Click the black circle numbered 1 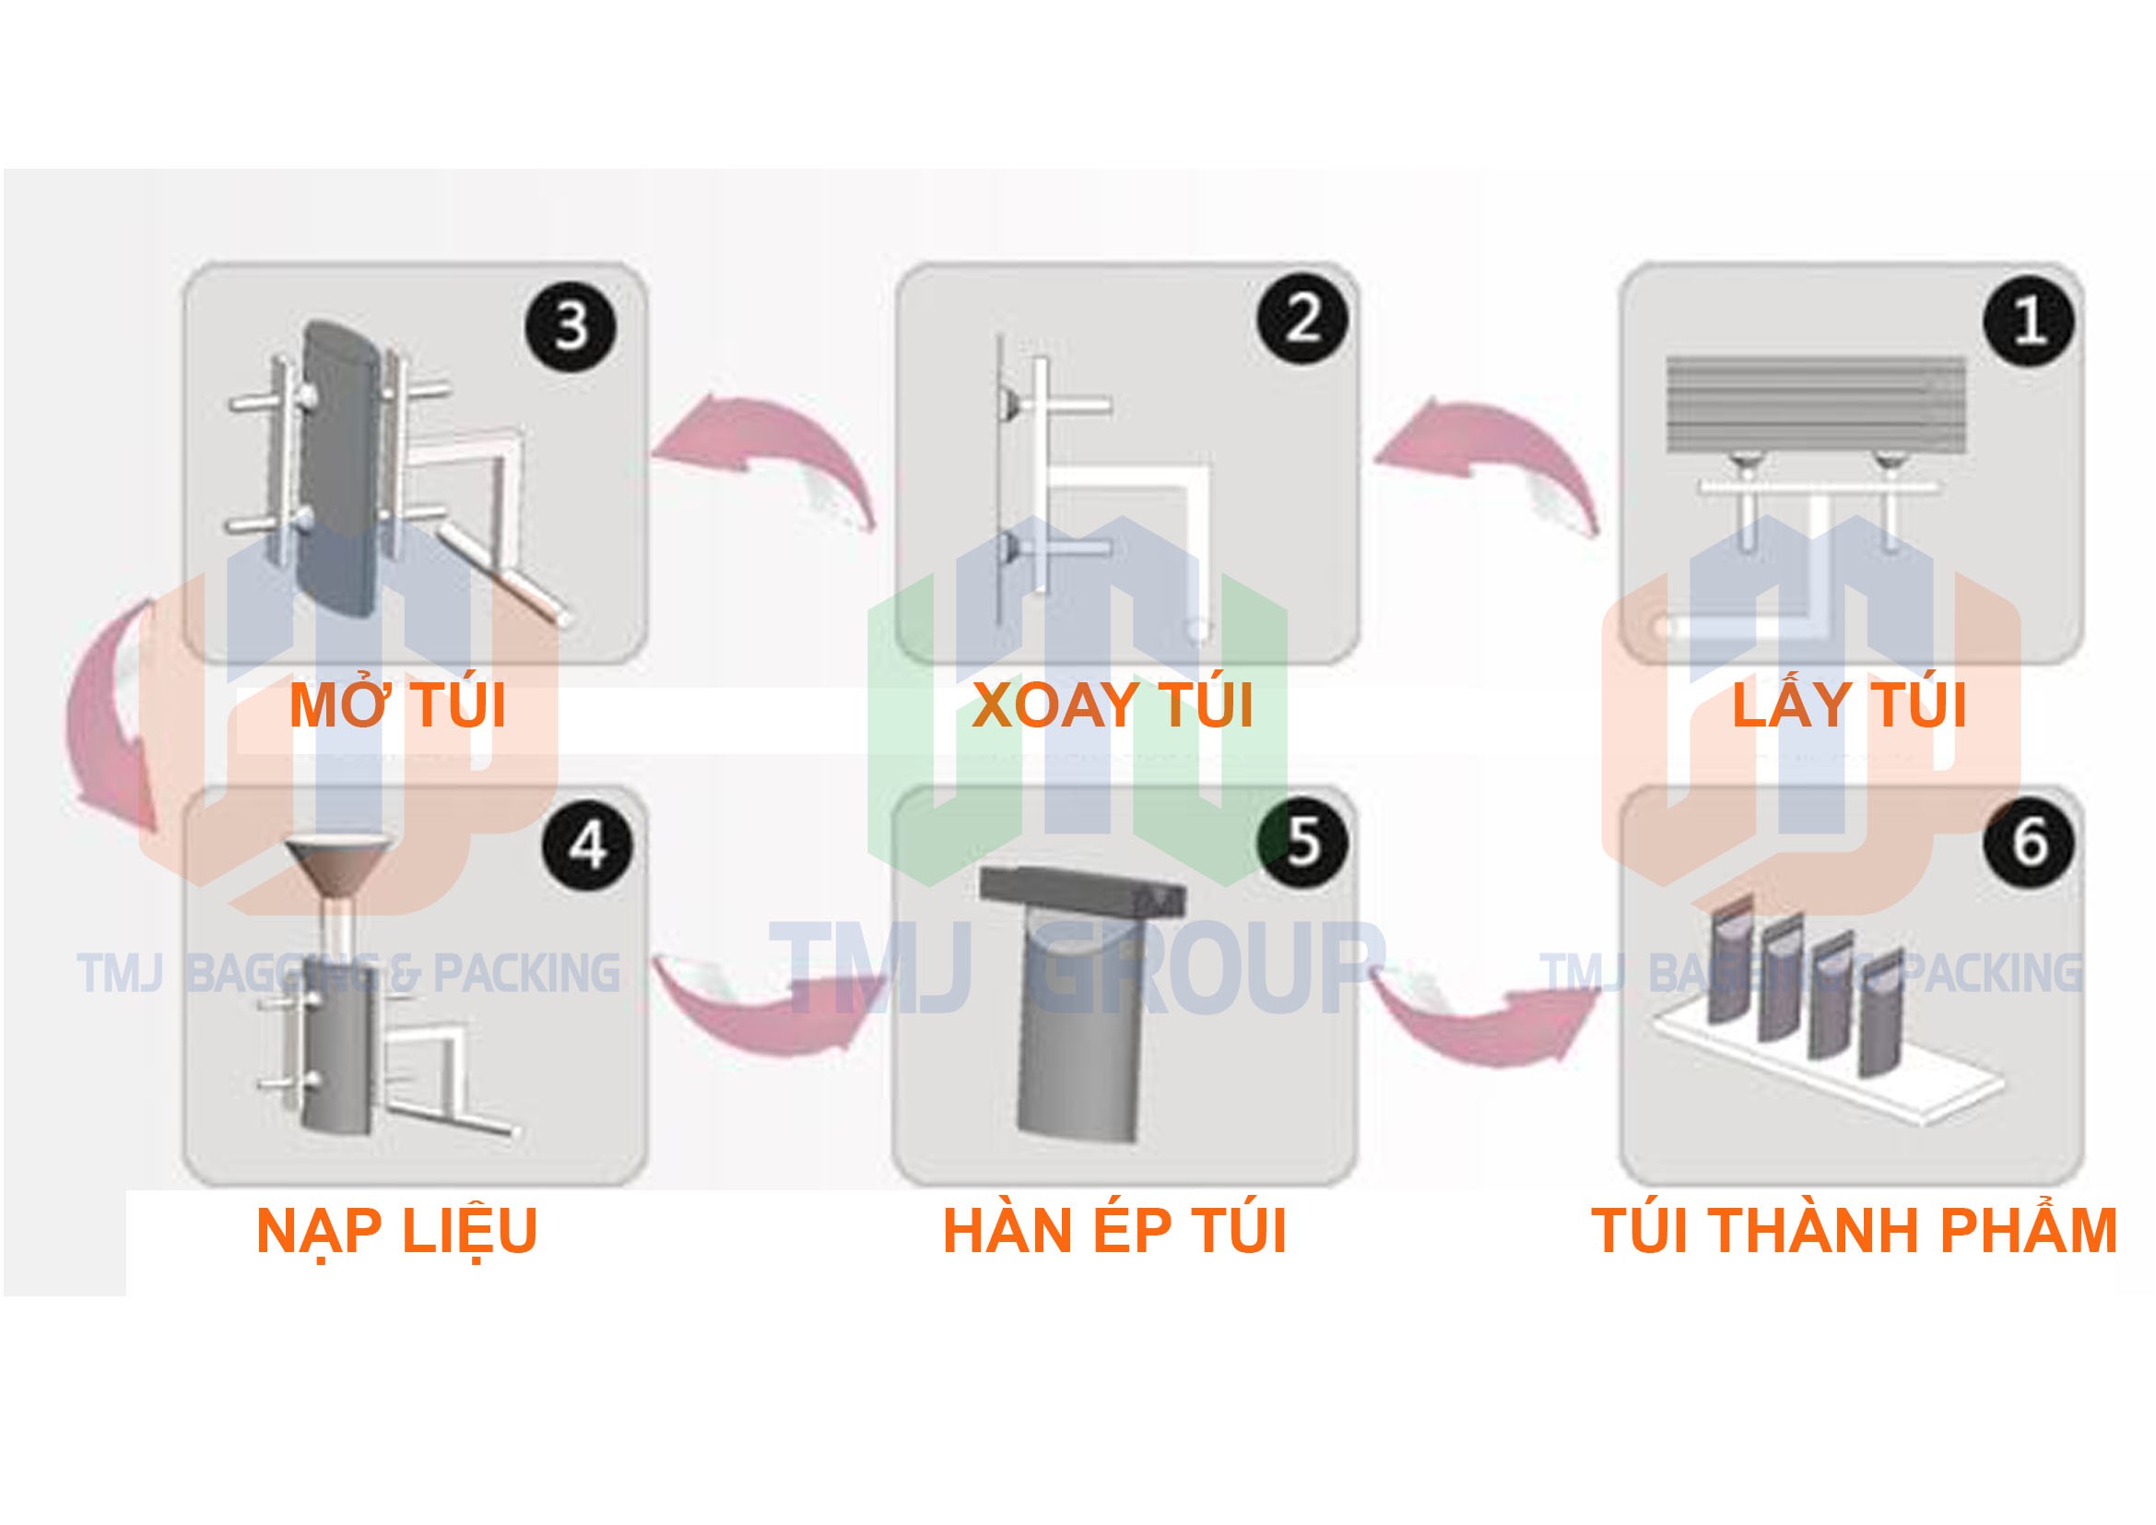click(2028, 321)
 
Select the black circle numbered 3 click(571, 325)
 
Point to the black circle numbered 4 click(588, 845)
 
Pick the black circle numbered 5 click(1303, 842)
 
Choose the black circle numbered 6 click(2028, 842)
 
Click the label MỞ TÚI click(397, 706)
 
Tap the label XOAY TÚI click(1113, 706)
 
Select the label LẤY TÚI click(1848, 706)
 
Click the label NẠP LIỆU click(396, 1230)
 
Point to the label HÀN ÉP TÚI click(1113, 1230)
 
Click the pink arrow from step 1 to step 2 click(1493, 460)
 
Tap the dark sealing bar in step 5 click(1080, 893)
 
